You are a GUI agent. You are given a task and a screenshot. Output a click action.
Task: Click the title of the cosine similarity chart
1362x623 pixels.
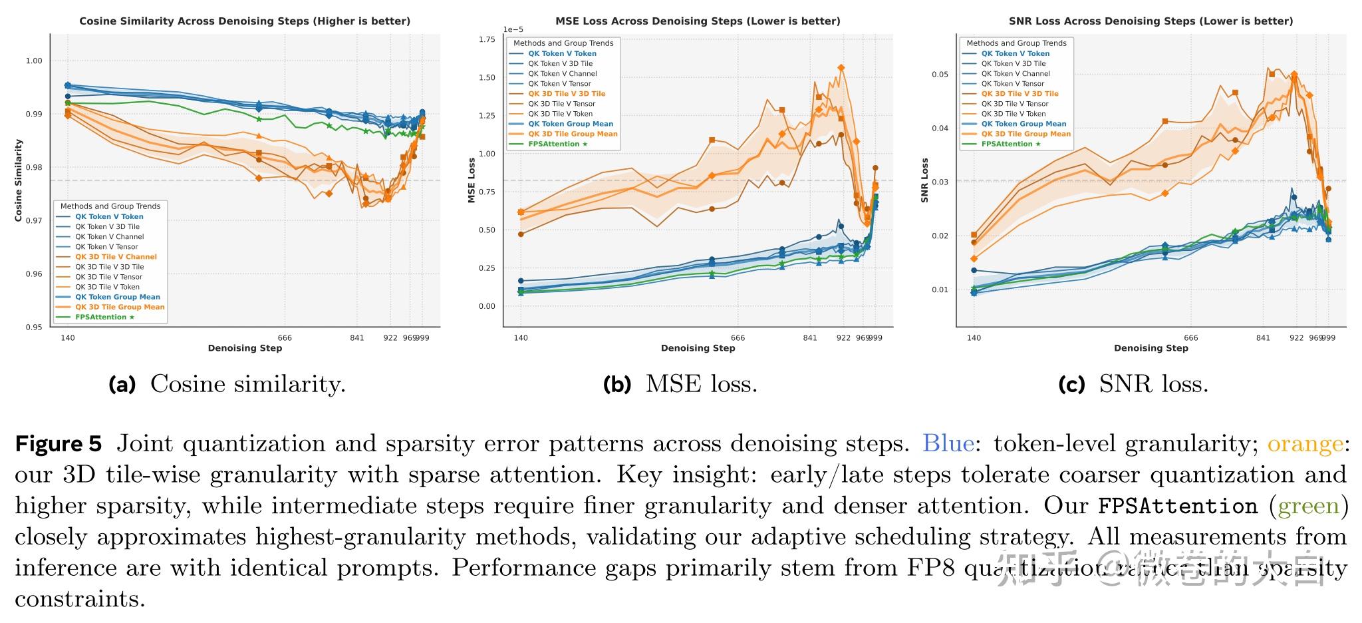245,21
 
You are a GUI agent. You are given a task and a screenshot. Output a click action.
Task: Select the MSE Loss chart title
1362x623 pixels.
698,21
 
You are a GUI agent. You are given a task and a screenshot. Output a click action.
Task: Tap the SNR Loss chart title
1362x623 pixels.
1151,21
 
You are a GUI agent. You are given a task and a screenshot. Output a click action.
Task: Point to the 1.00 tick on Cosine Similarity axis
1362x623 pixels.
33,61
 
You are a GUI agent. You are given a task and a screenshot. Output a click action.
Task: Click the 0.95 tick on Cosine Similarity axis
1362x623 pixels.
33,327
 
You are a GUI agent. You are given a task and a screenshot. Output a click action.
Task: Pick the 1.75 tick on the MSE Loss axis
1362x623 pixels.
487,40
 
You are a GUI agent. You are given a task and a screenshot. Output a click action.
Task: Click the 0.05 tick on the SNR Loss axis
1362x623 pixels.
940,75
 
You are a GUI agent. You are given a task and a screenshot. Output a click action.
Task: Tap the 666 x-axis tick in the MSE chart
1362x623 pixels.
738,338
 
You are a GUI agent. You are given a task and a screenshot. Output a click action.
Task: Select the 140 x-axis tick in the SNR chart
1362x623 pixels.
974,338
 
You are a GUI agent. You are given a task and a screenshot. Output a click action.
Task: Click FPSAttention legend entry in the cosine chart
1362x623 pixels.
104,317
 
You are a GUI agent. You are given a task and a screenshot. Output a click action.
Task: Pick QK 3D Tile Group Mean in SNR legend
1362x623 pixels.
1025,134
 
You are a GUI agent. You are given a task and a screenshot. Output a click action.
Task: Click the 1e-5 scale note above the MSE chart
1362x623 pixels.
513,30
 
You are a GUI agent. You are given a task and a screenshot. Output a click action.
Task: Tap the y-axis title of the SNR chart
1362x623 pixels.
924,180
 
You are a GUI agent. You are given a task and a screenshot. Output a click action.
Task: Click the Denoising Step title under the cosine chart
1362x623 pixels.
245,348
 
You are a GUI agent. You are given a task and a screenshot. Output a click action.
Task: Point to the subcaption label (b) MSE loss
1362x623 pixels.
680,384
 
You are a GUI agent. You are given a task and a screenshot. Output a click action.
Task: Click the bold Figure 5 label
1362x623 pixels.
59,444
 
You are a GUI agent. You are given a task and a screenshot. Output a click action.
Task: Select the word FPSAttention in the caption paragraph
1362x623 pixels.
1177,506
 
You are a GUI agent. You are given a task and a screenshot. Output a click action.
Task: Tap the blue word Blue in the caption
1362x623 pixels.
948,444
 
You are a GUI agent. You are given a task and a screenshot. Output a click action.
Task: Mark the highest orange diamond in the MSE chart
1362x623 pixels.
841,68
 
